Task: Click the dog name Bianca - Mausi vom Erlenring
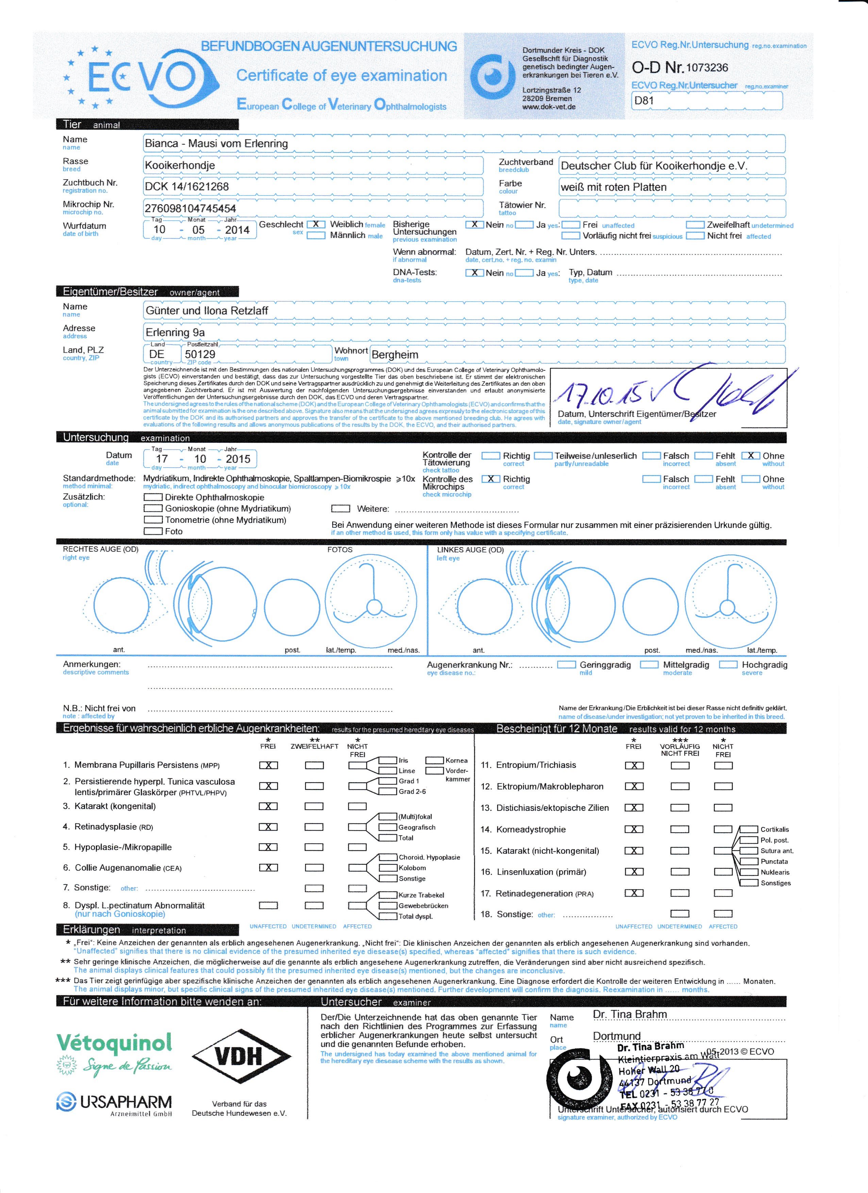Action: (216, 143)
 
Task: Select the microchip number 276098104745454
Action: (190, 208)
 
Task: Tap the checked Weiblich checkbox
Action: (316, 224)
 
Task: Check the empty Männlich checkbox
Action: (316, 235)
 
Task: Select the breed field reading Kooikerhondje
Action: (180, 165)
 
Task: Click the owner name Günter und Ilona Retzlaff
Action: (207, 311)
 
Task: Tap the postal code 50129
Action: (200, 355)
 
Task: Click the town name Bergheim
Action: (395, 355)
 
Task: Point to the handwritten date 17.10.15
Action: (600, 392)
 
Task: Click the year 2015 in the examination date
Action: (238, 459)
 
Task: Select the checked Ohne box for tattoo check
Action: (751, 455)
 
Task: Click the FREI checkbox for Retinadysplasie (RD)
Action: (268, 827)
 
